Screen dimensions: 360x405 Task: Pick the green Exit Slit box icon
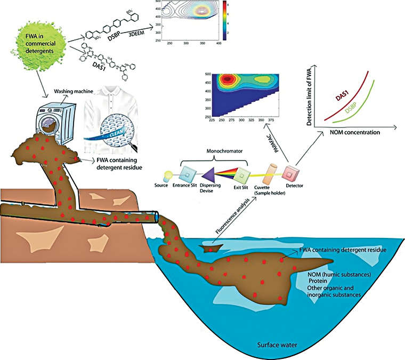click(x=242, y=174)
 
